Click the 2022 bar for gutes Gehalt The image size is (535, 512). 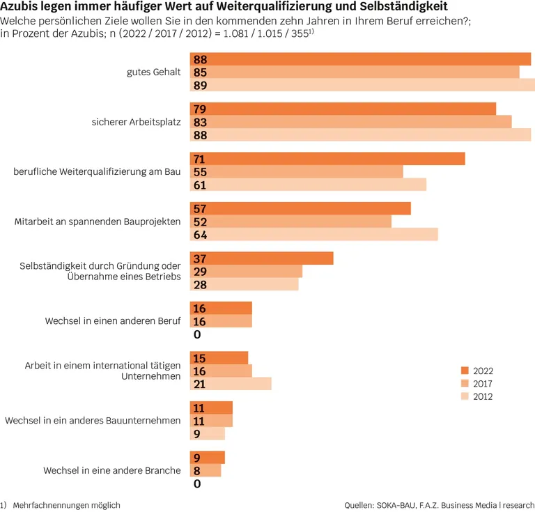(360, 59)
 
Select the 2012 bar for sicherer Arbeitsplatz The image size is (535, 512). (360, 135)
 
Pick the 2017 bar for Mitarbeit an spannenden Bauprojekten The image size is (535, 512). (290, 222)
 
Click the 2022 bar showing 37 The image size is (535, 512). (262, 258)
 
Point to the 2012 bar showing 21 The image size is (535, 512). (231, 384)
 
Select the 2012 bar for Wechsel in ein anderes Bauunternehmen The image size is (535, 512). (208, 433)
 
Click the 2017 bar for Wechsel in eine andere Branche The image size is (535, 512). (206, 471)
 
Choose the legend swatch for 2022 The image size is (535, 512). (465, 371)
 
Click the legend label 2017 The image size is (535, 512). (483, 384)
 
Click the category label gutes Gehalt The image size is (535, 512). (153, 72)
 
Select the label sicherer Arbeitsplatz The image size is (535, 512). (136, 122)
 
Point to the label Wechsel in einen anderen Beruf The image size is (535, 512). (113, 321)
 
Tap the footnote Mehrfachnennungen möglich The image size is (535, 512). (67, 505)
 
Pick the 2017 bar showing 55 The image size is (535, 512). (297, 171)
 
